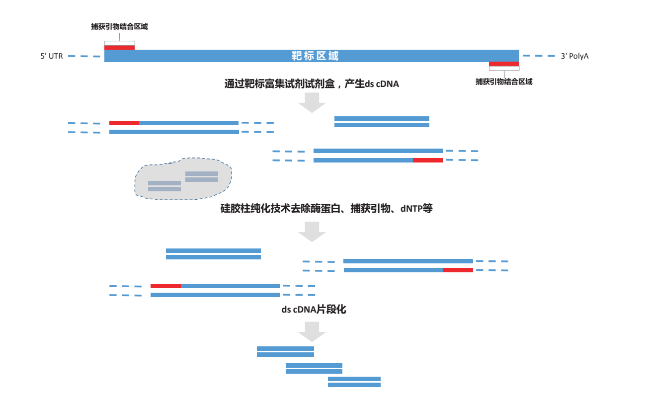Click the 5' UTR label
click(x=52, y=56)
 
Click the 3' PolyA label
click(x=574, y=56)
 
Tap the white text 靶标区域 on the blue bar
click(x=315, y=56)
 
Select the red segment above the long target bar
click(x=119, y=47)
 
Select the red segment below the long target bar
click(x=504, y=64)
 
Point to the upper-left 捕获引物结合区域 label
click(x=119, y=27)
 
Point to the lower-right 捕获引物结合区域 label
click(x=504, y=81)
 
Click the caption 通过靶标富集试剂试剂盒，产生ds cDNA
click(x=312, y=84)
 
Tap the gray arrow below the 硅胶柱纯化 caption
click(x=312, y=231)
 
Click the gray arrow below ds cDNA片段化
click(x=312, y=331)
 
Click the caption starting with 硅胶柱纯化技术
click(x=326, y=209)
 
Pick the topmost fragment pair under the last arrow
click(x=285, y=351)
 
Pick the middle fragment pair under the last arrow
click(x=314, y=368)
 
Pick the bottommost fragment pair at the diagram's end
click(x=354, y=382)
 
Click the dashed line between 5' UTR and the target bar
click(x=84, y=56)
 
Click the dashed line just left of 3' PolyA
click(x=539, y=56)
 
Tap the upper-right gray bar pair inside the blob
click(x=202, y=176)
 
